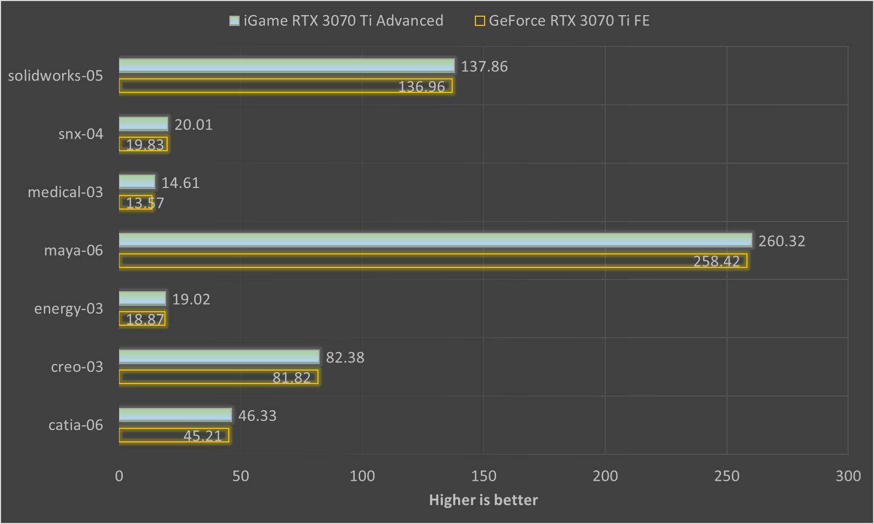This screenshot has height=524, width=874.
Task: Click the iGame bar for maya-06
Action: tap(435, 240)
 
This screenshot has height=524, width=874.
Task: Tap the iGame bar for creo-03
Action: tap(219, 357)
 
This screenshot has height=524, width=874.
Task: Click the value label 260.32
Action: tap(782, 241)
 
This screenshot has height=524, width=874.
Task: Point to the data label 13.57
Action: tap(144, 203)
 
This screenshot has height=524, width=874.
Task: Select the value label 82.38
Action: tap(345, 358)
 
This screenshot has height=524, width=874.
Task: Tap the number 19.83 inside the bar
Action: tap(144, 145)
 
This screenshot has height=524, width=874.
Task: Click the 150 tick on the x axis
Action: tap(484, 476)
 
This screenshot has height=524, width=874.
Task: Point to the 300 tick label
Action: tap(847, 476)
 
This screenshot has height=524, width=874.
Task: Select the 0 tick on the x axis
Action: tap(119, 476)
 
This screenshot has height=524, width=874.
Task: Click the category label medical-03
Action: tap(65, 192)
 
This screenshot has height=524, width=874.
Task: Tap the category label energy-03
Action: tap(68, 308)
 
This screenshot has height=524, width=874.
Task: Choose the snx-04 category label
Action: tap(81, 134)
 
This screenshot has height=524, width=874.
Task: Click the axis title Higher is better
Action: tap(484, 500)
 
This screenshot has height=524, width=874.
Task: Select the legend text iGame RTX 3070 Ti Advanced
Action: tap(343, 21)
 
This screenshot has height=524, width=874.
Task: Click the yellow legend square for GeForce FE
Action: tap(480, 21)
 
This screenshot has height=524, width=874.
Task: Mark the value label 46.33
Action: tap(257, 416)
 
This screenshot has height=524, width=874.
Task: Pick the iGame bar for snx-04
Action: tap(143, 124)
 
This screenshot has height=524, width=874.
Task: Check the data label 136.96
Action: tap(421, 86)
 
